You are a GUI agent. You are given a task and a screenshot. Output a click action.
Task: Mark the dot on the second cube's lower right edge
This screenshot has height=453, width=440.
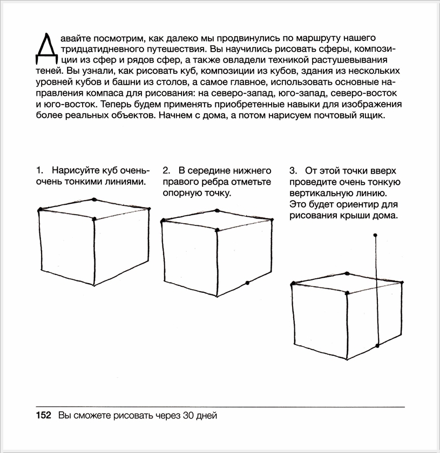[x=247, y=283]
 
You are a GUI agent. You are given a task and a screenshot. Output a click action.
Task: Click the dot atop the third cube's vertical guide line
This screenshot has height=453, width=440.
[x=376, y=235]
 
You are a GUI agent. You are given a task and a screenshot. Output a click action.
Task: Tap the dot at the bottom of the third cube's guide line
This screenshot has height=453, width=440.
[x=377, y=345]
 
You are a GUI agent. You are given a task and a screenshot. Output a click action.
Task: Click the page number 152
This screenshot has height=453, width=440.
[x=43, y=416]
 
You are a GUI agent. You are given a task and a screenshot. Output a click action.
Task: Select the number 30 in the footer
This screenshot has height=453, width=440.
[x=187, y=416]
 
